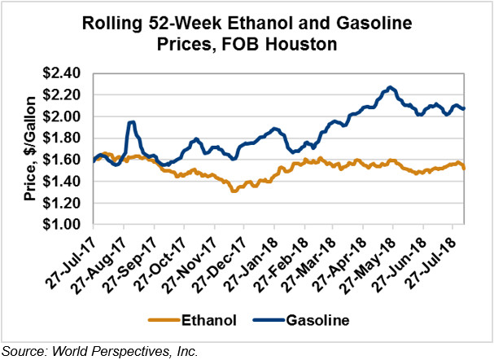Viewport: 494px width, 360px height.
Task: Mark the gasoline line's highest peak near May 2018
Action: click(391, 86)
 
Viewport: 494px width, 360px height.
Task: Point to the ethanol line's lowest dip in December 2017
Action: click(234, 191)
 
